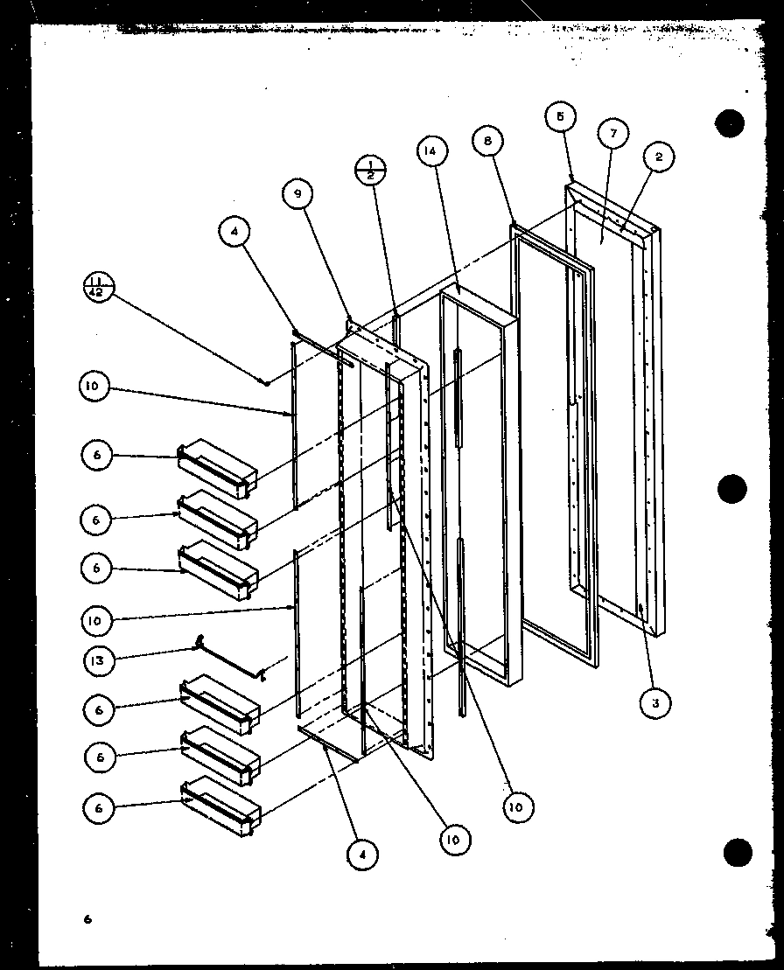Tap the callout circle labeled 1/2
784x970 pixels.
click(371, 168)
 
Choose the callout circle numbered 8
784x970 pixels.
click(487, 140)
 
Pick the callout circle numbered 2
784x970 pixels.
click(658, 157)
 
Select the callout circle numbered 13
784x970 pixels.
click(99, 661)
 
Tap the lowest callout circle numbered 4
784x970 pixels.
click(363, 853)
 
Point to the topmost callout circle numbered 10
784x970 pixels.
click(94, 388)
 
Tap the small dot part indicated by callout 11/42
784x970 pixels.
click(263, 381)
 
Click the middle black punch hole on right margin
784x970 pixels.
click(732, 490)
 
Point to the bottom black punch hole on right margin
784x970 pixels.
click(738, 851)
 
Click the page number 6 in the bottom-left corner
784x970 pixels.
click(87, 918)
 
